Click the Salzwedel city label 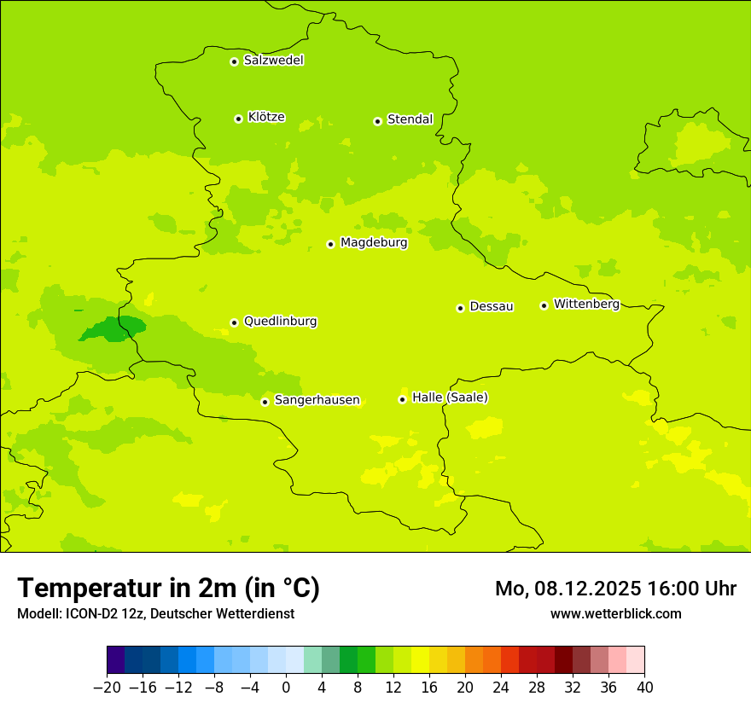tap(273, 61)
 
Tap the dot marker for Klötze tap(238, 119)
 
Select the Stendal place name tap(410, 119)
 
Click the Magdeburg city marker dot tap(330, 244)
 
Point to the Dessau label tap(492, 306)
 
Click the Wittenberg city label tap(586, 304)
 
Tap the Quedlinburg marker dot tap(234, 322)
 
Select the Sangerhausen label tap(317, 400)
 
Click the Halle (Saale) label tap(450, 398)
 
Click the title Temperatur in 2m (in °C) tap(168, 588)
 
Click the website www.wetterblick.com tap(615, 613)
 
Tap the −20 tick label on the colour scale tap(107, 688)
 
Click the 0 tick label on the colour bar tap(286, 688)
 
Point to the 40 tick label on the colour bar tap(644, 688)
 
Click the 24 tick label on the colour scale tap(501, 688)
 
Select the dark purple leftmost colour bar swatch tap(116, 660)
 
